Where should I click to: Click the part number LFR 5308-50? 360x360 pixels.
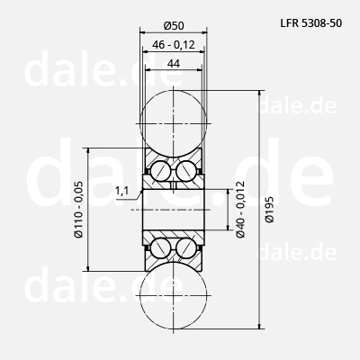[x=311, y=23]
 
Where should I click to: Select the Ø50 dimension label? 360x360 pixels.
[x=174, y=26]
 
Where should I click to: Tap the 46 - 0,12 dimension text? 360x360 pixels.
[x=174, y=45]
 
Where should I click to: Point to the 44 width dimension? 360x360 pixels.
[x=174, y=64]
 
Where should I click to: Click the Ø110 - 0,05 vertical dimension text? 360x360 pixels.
[x=79, y=210]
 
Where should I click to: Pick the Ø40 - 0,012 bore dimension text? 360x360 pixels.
[x=240, y=210]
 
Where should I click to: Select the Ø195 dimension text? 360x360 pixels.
[x=269, y=210]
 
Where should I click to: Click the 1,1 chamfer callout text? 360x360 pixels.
[x=121, y=190]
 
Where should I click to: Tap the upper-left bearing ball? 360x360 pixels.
[x=160, y=171]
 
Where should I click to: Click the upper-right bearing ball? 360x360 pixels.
[x=186, y=171]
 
